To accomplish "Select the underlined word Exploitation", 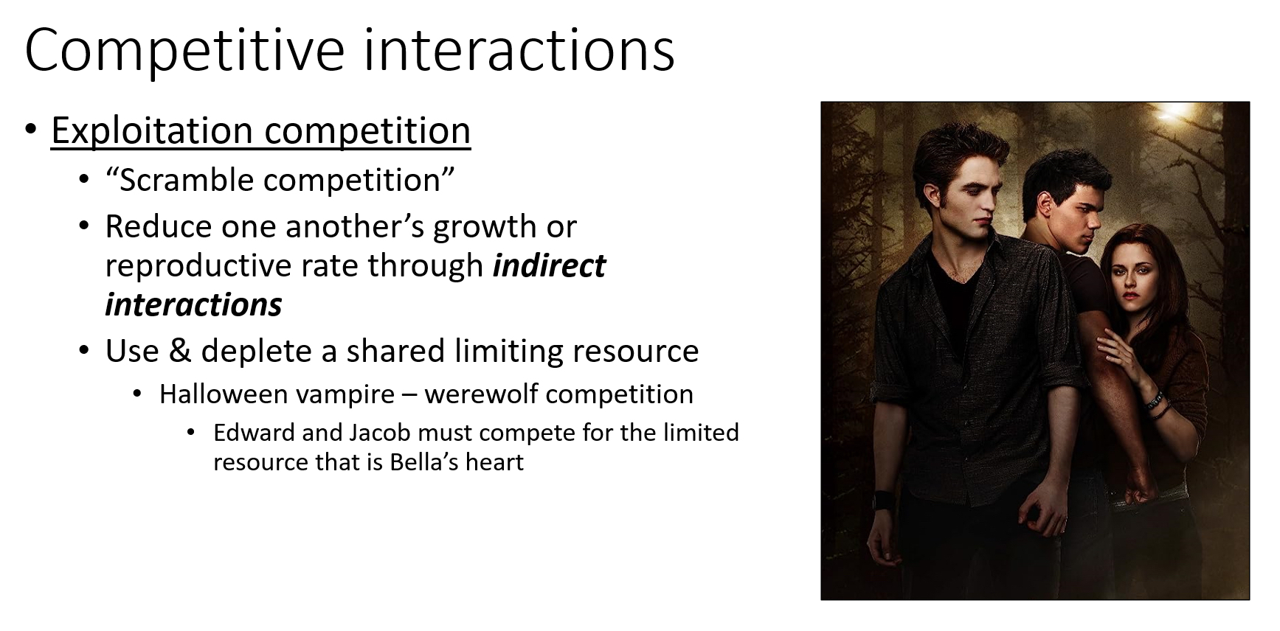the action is pyautogui.click(x=153, y=131).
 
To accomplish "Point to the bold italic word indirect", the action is pyautogui.click(x=549, y=265).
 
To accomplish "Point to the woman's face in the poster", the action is pyautogui.click(x=1129, y=273).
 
